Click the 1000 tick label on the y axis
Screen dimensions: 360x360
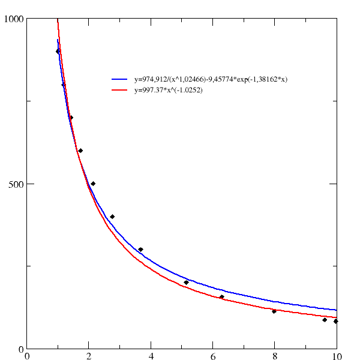(13, 19)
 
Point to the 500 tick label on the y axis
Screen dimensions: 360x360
(15, 184)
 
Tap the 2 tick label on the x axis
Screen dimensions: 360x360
(89, 355)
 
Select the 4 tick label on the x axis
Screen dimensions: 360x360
(151, 355)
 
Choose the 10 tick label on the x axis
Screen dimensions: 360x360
(336, 355)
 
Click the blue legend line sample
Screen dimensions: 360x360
(119, 79)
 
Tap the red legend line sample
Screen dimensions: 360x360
(119, 90)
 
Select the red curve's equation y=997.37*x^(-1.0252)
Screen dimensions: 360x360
(169, 90)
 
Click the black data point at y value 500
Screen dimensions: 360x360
(93, 184)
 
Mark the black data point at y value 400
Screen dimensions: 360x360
(112, 217)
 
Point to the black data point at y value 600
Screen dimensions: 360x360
(80, 151)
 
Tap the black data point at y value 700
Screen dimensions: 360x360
(71, 118)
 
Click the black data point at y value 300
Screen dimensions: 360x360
(140, 250)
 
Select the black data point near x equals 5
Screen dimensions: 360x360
(186, 282)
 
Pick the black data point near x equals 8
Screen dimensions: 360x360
(274, 311)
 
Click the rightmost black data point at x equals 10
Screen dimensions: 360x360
(336, 321)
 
